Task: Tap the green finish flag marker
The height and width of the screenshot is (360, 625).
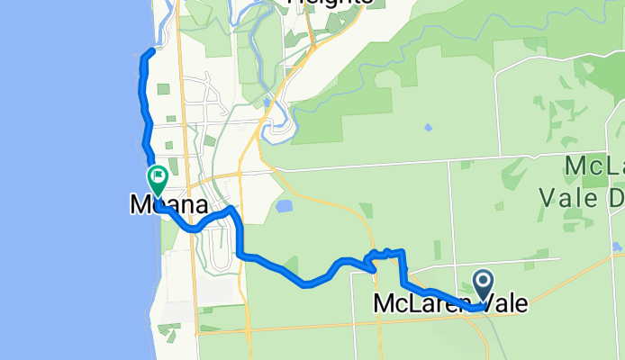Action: [157, 178]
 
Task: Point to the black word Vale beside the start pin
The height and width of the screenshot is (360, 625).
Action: [503, 306]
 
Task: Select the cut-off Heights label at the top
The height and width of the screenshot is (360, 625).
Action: [330, 4]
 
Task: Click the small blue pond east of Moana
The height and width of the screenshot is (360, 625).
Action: [285, 206]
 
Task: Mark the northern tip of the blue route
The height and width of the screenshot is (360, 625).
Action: [149, 52]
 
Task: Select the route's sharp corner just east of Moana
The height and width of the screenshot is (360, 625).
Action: [232, 211]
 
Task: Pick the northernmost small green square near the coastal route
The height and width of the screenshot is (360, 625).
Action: [162, 88]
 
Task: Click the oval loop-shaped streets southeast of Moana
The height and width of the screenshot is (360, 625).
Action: [216, 247]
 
